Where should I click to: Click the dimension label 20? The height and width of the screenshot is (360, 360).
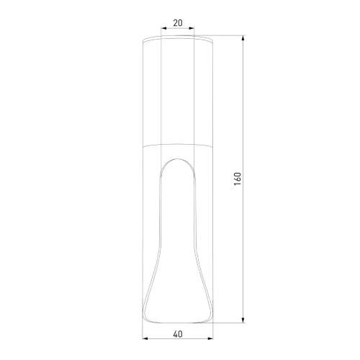[x=178, y=23]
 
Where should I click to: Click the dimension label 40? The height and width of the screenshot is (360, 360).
[x=178, y=334]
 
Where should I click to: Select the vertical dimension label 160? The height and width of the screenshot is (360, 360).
[x=238, y=179]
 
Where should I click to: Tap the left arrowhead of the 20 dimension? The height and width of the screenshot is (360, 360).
[x=163, y=28]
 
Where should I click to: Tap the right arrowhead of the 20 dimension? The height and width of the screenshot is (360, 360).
[x=192, y=28]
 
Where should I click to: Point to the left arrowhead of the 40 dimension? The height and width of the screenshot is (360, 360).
[x=145, y=338]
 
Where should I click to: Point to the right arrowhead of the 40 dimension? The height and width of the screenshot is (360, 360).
[x=210, y=338]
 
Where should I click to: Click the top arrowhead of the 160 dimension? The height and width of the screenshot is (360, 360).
[x=243, y=38]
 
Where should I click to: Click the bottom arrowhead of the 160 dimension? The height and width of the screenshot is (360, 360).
[x=243, y=320]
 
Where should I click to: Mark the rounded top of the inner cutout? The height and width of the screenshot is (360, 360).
[x=178, y=158]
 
